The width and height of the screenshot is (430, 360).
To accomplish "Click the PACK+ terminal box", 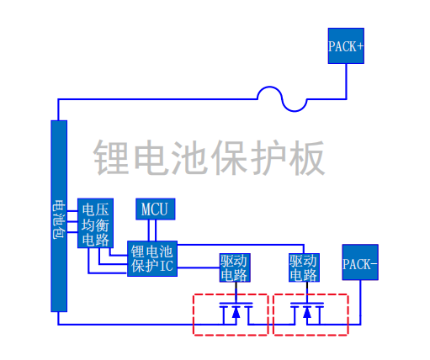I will pos(346,46).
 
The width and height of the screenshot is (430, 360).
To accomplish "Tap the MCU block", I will pos(155,209).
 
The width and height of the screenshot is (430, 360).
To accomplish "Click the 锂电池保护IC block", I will pos(151,259).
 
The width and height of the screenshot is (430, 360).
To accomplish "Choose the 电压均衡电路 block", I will pos(94,224).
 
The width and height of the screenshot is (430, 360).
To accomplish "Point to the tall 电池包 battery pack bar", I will pos(58,216).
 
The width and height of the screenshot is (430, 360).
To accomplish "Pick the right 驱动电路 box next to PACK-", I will pos(302,267).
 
